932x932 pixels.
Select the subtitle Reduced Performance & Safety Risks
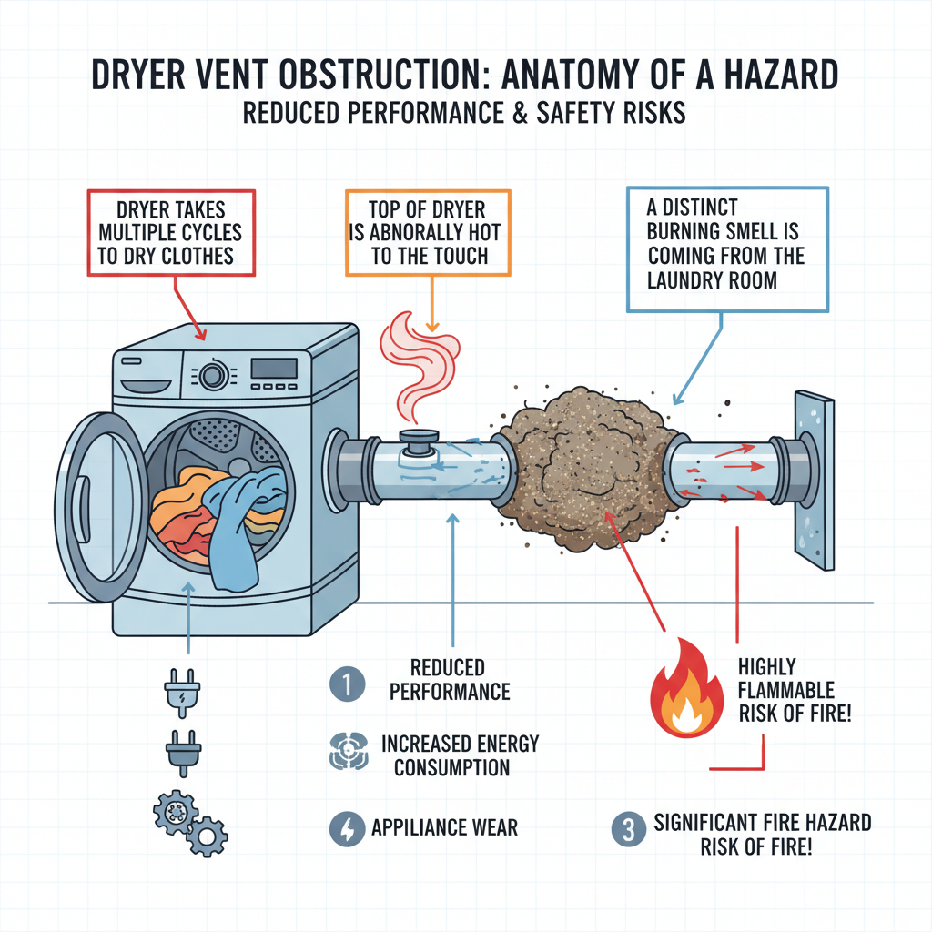(465, 116)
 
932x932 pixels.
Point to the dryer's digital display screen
(273, 369)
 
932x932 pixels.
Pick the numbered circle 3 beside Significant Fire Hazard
(625, 833)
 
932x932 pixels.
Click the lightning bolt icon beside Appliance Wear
(346, 828)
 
